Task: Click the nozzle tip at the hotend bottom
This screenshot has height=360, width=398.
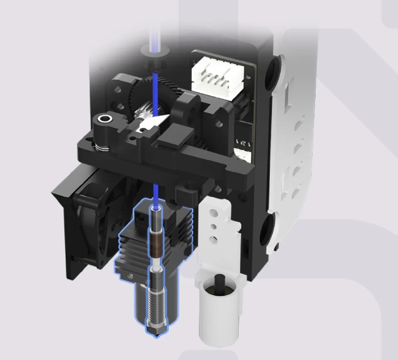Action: [x=156, y=325]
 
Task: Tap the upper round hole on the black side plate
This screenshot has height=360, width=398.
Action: [x=275, y=66]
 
